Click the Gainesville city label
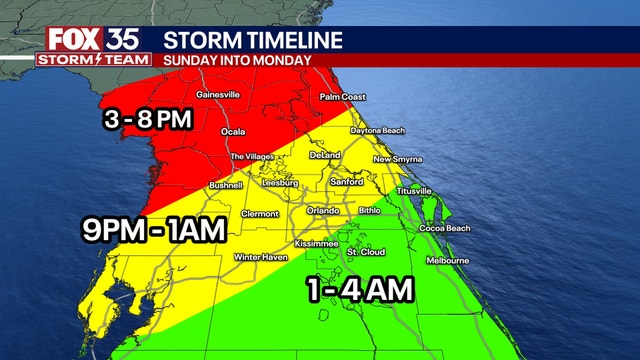click(218, 95)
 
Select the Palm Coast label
click(343, 97)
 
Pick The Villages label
click(252, 157)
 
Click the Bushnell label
click(226, 186)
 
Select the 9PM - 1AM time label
click(154, 231)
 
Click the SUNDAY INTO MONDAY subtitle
click(237, 59)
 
